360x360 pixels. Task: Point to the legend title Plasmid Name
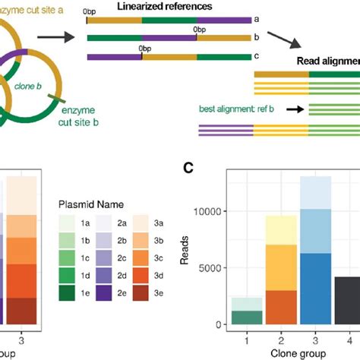[x=93, y=204]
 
